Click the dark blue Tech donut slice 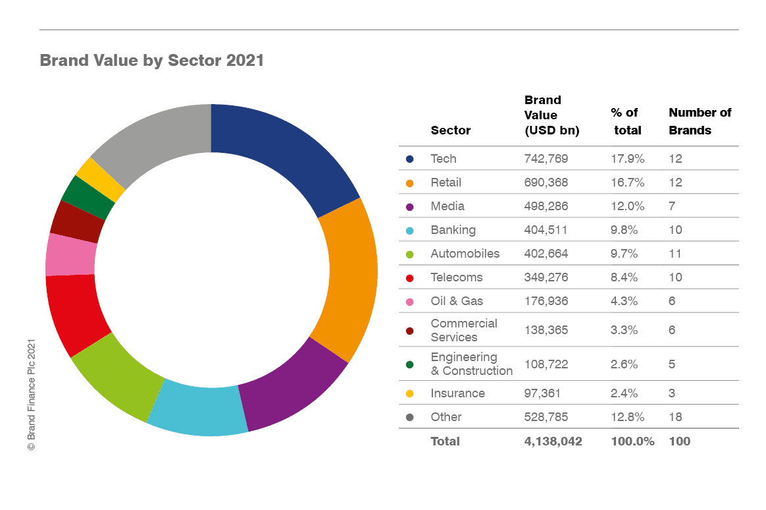pos(283,155)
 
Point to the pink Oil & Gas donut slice pos(70,254)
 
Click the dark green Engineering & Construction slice pos(88,198)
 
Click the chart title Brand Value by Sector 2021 pos(152,61)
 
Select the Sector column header pos(451,130)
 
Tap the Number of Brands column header pos(700,121)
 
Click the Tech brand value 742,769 pos(546,159)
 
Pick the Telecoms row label pos(457,277)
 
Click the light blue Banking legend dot pos(410,231)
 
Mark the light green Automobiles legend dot pos(410,254)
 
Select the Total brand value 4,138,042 pos(553,441)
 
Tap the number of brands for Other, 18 pos(675,417)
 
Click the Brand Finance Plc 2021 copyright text pos(30,395)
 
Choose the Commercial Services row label pos(464,330)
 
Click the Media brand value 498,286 pos(546,206)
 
